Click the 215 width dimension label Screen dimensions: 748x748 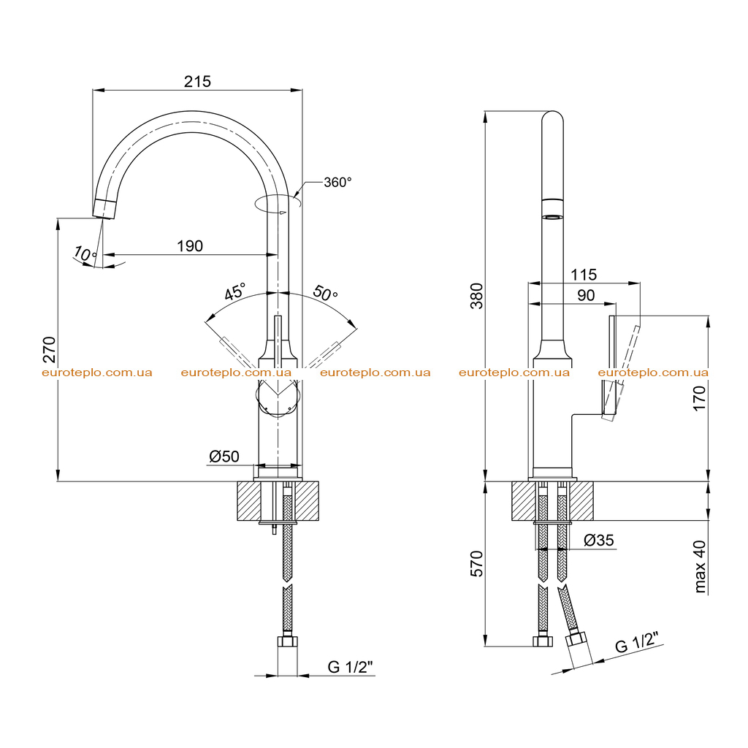click(x=197, y=82)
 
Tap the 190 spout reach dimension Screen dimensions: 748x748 click(x=190, y=246)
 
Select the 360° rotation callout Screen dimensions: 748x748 click(x=337, y=182)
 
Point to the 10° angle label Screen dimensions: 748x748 click(x=85, y=253)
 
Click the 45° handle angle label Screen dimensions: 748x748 click(x=235, y=291)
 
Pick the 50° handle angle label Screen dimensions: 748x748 click(x=325, y=292)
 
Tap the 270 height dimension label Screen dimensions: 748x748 click(x=49, y=350)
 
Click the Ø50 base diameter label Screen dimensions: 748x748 click(x=224, y=457)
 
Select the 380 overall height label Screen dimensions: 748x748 click(x=476, y=296)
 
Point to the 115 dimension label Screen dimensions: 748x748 click(x=584, y=275)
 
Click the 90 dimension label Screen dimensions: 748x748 click(x=586, y=295)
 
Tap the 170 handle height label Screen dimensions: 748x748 click(x=699, y=399)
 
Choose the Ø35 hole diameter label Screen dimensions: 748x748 click(x=599, y=540)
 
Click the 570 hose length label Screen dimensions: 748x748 click(x=476, y=563)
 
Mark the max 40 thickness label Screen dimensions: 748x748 click(x=699, y=566)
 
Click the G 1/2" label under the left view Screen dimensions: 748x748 click(x=350, y=666)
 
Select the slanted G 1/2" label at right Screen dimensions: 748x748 click(x=637, y=642)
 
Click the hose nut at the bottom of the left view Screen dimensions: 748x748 click(x=287, y=641)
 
